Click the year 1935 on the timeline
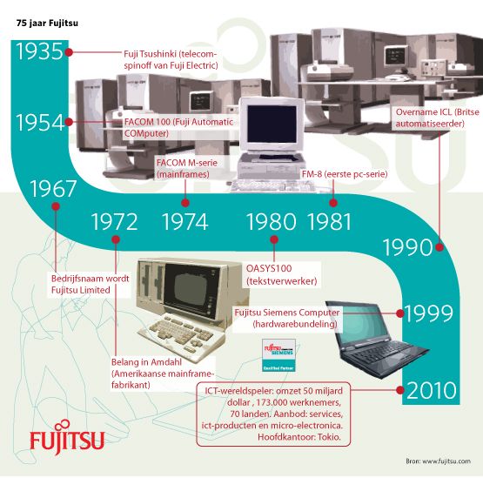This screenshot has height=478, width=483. (39, 51)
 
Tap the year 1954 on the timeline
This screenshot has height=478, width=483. (40, 122)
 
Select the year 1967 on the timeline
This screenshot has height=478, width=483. (53, 189)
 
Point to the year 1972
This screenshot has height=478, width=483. (115, 222)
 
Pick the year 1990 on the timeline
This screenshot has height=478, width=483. (407, 247)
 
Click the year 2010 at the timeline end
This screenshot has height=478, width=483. (432, 390)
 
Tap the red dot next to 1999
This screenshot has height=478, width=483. (399, 313)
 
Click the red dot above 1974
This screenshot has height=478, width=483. (185, 203)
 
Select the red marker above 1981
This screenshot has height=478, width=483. (333, 203)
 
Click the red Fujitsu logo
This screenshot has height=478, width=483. (67, 438)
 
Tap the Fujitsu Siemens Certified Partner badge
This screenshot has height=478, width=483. (278, 355)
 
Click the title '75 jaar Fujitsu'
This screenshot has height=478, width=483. (47, 24)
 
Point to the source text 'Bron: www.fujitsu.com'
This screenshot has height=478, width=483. (438, 461)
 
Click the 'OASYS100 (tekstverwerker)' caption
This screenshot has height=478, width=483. (282, 274)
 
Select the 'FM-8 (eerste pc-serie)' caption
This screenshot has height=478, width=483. (345, 174)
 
